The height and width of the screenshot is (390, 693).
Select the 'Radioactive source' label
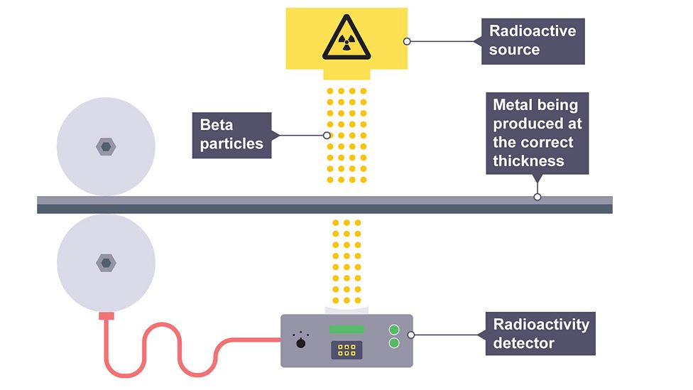click(533, 41)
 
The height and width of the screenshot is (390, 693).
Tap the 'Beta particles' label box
click(231, 135)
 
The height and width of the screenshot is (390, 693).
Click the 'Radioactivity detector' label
click(541, 334)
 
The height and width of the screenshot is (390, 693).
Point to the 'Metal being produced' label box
click(538, 134)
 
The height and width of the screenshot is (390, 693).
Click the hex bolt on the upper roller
click(106, 146)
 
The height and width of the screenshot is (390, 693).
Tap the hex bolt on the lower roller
click(106, 263)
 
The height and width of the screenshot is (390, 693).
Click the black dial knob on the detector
click(301, 344)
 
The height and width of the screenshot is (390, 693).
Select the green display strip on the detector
click(346, 330)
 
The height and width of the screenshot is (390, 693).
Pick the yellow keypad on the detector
click(346, 350)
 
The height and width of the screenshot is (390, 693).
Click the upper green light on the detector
click(395, 330)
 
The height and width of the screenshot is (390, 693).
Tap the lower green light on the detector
click(395, 343)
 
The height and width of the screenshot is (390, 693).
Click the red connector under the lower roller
click(107, 315)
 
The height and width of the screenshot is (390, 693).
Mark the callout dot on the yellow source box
click(407, 41)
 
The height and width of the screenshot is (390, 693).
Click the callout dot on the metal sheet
click(538, 197)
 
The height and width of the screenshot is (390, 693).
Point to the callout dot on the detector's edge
click(411, 335)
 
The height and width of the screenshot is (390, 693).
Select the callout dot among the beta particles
click(327, 135)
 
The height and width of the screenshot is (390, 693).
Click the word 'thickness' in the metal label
click(528, 161)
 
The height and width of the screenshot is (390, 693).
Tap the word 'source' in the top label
click(514, 50)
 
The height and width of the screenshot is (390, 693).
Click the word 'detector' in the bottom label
click(524, 343)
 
